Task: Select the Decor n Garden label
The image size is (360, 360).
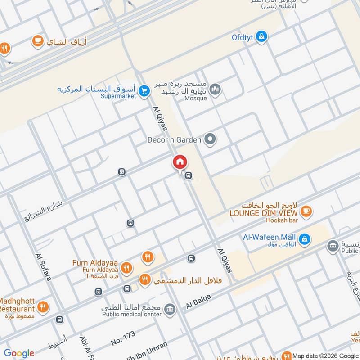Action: pos(174,140)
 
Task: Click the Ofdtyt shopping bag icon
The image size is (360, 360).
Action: pos(261,37)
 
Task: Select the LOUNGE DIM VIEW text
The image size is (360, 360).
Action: pos(264,213)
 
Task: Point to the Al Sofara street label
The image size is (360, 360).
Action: pos(43,268)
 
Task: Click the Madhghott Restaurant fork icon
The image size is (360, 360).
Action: pos(43,307)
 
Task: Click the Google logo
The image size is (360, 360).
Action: pos(19,353)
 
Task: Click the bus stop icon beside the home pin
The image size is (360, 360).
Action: pos(189,176)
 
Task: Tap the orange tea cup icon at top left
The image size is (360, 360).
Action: pos(38,41)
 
